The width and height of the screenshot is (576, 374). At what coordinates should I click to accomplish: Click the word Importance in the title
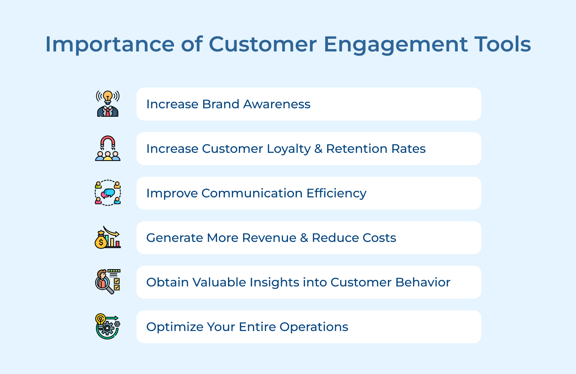click(110, 44)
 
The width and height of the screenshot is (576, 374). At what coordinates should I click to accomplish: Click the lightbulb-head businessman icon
click(108, 104)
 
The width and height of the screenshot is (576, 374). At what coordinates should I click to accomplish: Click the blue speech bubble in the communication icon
click(110, 192)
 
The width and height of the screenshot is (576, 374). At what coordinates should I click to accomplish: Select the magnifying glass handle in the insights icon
click(110, 290)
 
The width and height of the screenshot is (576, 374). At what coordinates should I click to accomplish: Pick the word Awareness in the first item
click(277, 104)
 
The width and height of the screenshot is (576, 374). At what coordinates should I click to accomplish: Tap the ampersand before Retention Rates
click(318, 149)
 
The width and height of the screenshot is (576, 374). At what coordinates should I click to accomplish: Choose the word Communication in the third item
click(252, 193)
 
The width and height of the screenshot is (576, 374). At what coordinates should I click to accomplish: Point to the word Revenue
click(269, 238)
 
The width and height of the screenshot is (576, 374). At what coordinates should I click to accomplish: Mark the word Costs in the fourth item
click(379, 238)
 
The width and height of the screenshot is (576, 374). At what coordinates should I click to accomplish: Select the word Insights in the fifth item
click(274, 283)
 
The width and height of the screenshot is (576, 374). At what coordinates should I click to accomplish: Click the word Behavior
click(423, 282)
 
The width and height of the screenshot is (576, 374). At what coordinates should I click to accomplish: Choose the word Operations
click(314, 327)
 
